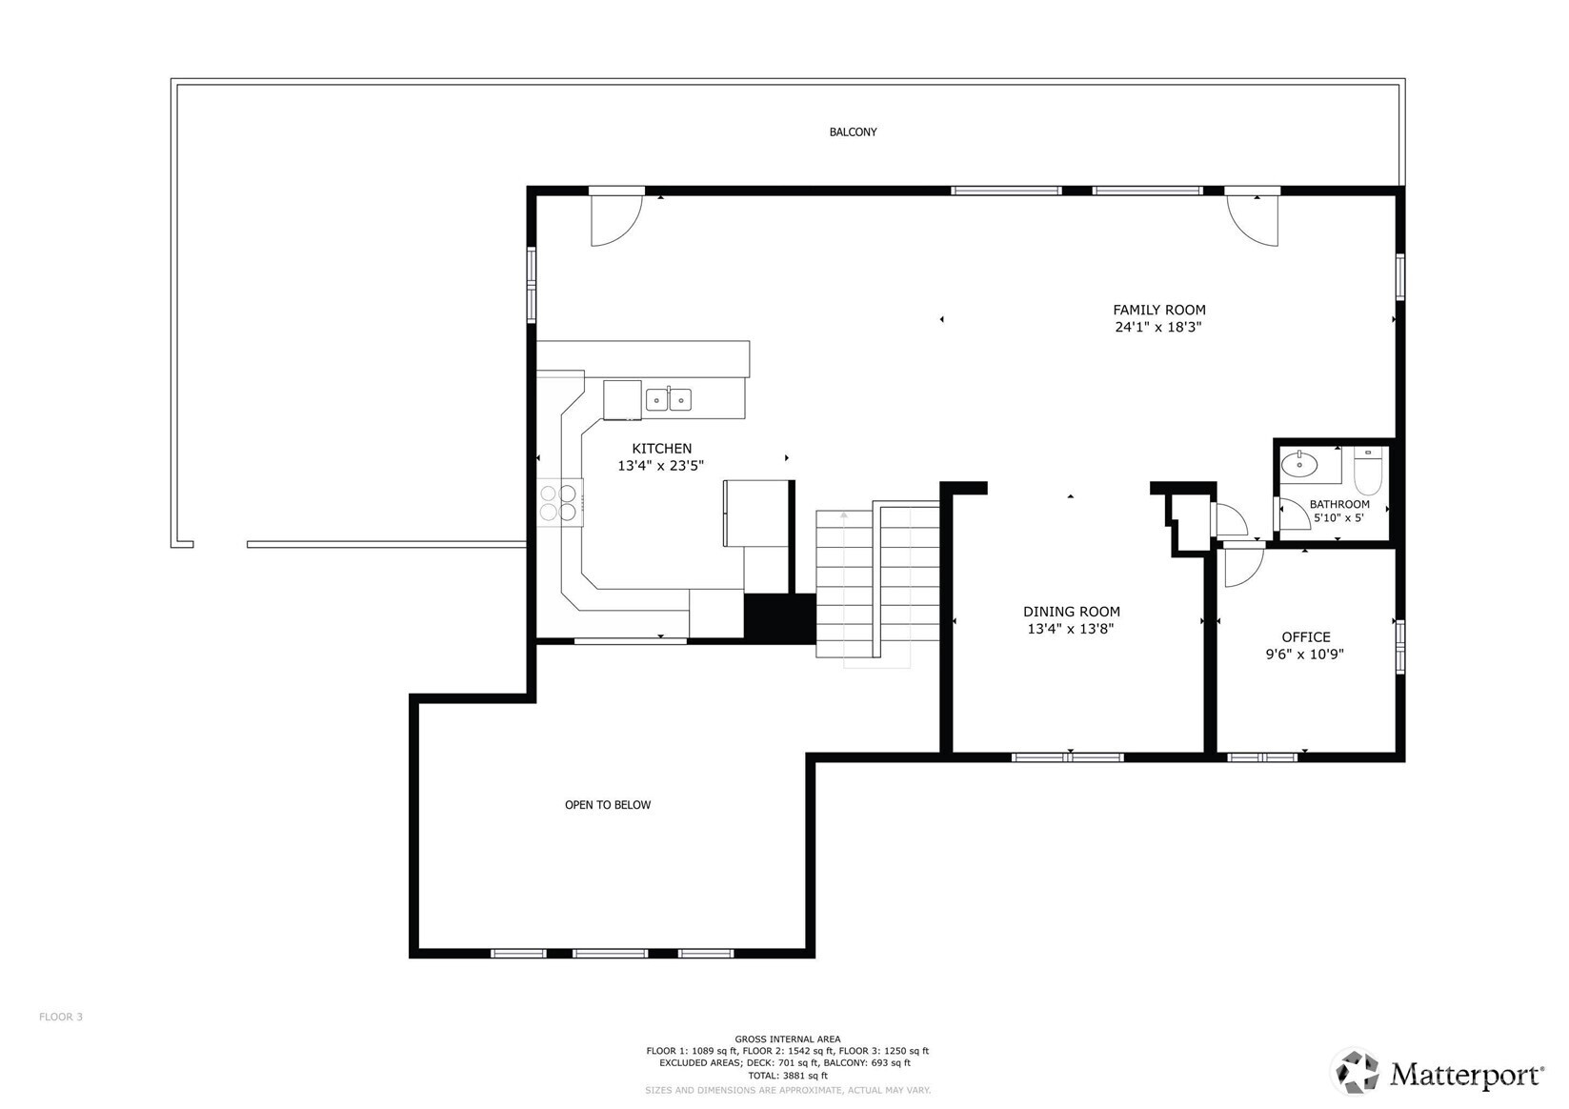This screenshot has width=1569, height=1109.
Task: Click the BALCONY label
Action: click(x=853, y=131)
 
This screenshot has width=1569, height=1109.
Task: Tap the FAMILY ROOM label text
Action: click(x=1158, y=310)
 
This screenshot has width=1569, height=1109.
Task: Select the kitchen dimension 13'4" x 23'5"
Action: click(x=660, y=466)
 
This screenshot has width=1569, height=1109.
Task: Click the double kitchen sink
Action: click(x=668, y=399)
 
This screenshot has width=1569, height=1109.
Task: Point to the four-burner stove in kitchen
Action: click(x=559, y=502)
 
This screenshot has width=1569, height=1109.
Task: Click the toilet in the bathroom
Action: click(x=1367, y=473)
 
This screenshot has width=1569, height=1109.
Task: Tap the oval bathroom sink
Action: click(x=1298, y=465)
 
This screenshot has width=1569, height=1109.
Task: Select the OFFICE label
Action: click(x=1305, y=636)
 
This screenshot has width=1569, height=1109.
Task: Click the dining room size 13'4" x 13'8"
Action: click(x=1070, y=629)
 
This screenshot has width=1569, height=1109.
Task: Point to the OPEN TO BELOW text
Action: click(x=608, y=805)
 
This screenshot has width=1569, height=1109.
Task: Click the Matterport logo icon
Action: click(x=1355, y=1073)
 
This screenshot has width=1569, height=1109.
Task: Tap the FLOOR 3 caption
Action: click(x=61, y=1017)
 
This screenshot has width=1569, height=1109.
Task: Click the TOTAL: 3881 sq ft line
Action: click(x=787, y=1076)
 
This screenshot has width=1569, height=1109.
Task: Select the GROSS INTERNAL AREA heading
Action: click(x=787, y=1038)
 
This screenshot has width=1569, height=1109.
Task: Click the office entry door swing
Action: click(x=1242, y=565)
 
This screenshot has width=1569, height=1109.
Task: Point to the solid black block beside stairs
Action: click(x=779, y=618)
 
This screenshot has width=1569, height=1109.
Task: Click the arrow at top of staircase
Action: click(x=843, y=515)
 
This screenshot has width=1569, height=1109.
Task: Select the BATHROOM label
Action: click(x=1338, y=504)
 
